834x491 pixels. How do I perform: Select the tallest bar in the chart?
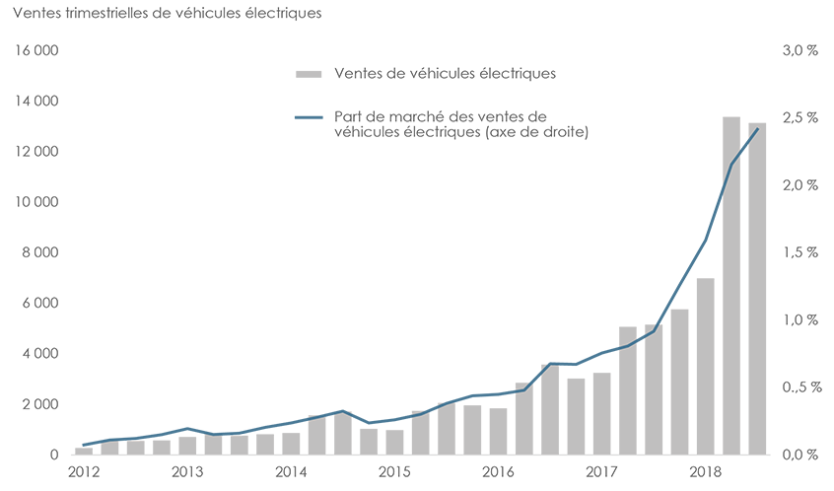click(x=730, y=285)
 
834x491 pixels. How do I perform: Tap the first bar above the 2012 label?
click(x=84, y=451)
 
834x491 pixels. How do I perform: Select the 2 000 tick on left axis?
click(x=40, y=404)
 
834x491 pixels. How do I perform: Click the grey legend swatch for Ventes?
click(x=309, y=74)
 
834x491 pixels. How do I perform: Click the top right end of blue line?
click(x=756, y=129)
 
